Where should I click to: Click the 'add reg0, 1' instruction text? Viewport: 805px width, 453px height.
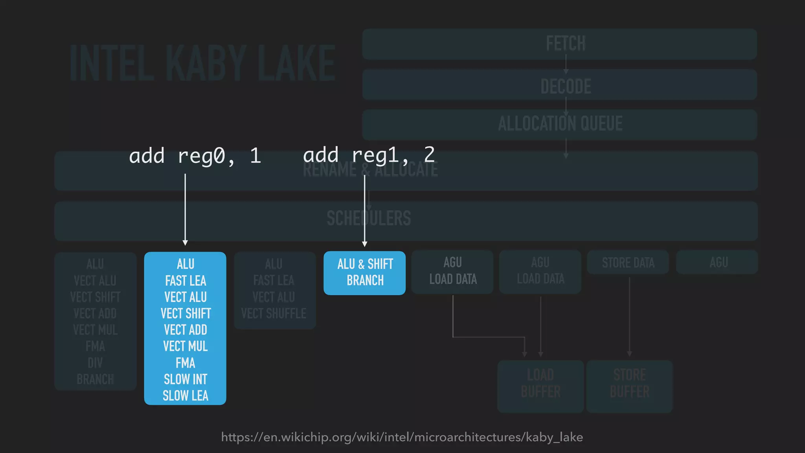click(195, 156)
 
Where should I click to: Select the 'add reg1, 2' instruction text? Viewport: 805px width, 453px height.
click(369, 155)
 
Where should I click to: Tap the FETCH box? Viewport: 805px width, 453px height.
click(559, 44)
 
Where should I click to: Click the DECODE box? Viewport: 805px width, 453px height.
click(559, 85)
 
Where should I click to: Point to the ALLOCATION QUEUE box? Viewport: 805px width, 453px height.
click(559, 124)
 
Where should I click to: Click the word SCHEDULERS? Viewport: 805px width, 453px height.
click(369, 219)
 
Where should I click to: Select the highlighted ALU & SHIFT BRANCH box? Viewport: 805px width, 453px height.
click(364, 273)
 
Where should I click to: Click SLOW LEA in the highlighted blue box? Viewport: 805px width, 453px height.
click(185, 396)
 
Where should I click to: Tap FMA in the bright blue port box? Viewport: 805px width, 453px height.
click(185, 363)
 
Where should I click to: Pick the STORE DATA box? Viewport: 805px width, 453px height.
click(628, 262)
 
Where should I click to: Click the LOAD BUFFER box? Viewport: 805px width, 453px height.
click(540, 385)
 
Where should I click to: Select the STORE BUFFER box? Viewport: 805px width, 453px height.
click(629, 385)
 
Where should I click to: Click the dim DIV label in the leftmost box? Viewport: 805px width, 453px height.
click(95, 363)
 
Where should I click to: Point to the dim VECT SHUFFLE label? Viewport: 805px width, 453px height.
click(274, 313)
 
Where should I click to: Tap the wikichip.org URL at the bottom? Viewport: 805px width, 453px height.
click(402, 437)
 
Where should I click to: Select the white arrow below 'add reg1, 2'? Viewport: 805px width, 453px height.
click(365, 210)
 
